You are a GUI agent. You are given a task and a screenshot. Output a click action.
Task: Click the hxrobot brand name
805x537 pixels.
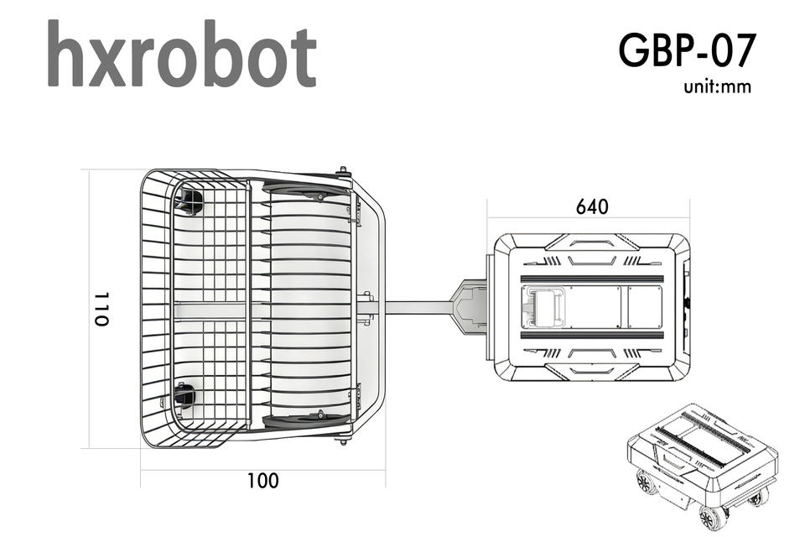tap(182, 54)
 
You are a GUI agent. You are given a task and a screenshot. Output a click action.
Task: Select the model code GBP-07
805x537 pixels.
tap(688, 50)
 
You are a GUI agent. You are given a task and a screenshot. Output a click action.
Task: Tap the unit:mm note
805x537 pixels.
tap(717, 87)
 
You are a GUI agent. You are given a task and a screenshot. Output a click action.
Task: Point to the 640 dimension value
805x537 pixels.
tap(592, 206)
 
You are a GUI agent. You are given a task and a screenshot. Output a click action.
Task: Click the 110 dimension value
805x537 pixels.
tap(101, 310)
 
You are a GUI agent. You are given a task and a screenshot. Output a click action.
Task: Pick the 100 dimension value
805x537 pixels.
tap(263, 481)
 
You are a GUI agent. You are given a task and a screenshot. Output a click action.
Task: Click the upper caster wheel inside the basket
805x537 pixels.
tap(191, 201)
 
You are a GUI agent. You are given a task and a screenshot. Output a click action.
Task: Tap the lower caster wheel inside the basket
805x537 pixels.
tap(184, 396)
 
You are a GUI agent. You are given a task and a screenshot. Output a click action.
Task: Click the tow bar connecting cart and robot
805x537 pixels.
tap(418, 307)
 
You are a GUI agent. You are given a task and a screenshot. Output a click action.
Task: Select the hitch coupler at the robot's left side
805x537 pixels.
tap(469, 307)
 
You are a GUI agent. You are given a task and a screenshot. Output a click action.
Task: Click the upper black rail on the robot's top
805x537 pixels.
tap(592, 279)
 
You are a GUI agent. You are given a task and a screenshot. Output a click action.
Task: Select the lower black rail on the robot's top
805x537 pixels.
tap(592, 335)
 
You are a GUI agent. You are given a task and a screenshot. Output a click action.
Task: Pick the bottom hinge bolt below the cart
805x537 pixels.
tap(343, 440)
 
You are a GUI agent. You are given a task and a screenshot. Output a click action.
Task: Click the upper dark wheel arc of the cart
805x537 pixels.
tap(307, 191)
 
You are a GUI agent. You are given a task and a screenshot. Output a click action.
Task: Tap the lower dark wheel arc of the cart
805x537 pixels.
tap(307, 420)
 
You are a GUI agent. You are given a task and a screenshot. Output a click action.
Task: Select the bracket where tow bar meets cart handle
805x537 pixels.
tap(367, 308)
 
